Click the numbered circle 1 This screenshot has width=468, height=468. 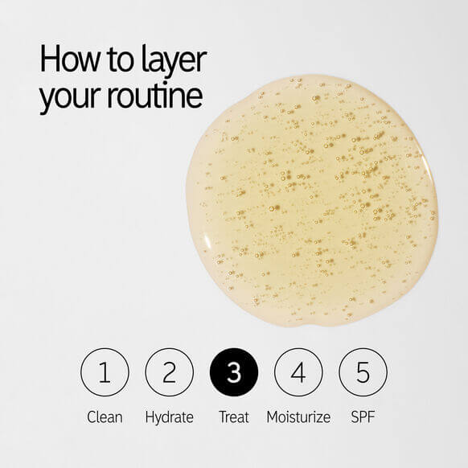point(105,372)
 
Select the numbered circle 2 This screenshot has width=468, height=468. point(169,372)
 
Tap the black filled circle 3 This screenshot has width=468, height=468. point(234,372)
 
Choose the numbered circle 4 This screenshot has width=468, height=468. point(298,372)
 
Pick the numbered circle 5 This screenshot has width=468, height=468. point(363,372)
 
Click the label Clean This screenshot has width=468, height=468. point(105,417)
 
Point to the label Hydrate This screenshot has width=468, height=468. point(169,417)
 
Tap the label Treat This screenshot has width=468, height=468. point(234,417)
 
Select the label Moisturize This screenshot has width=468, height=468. point(298,417)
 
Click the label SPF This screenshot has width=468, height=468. point(363,417)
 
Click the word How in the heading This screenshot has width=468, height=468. point(70,60)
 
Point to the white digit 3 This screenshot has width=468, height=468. point(234,372)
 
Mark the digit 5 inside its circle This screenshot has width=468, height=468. point(363,372)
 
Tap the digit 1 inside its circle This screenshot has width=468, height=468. point(105,372)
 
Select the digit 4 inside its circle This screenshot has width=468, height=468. point(298,372)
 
